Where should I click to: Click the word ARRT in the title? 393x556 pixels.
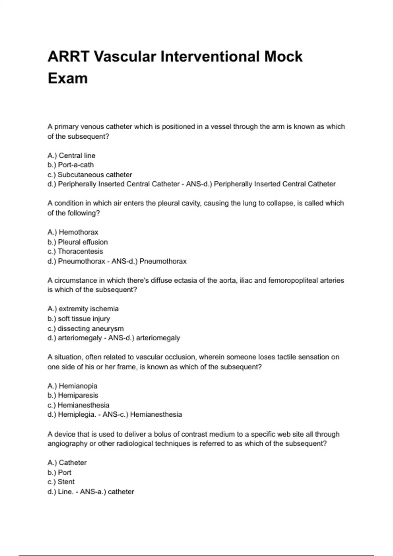68,57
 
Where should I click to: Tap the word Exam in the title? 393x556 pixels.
68,78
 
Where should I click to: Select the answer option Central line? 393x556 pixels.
77,155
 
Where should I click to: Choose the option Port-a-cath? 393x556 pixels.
76,165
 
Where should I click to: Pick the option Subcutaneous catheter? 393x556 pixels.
95,175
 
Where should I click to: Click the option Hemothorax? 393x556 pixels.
78,232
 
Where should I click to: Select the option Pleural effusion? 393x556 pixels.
83,242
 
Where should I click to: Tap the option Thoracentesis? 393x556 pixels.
80,252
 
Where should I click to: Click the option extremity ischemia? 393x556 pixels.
88,309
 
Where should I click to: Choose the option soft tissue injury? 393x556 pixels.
84,319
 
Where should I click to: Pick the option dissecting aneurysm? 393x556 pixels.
90,328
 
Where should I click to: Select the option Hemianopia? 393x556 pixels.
78,386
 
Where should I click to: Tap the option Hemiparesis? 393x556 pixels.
78,395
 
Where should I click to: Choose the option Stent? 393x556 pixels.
66,482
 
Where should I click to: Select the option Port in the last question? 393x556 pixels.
65,472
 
